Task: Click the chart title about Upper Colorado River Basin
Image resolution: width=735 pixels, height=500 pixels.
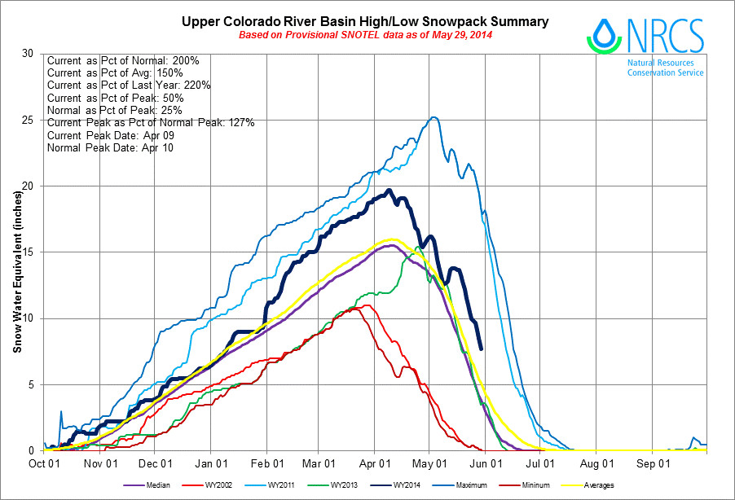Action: click(364, 21)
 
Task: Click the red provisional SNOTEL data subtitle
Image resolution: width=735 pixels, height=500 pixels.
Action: click(364, 36)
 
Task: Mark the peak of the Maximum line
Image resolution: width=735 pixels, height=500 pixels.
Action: click(434, 117)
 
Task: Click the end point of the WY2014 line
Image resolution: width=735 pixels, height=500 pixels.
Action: click(482, 349)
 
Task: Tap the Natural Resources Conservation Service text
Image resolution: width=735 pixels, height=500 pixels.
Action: click(665, 68)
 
